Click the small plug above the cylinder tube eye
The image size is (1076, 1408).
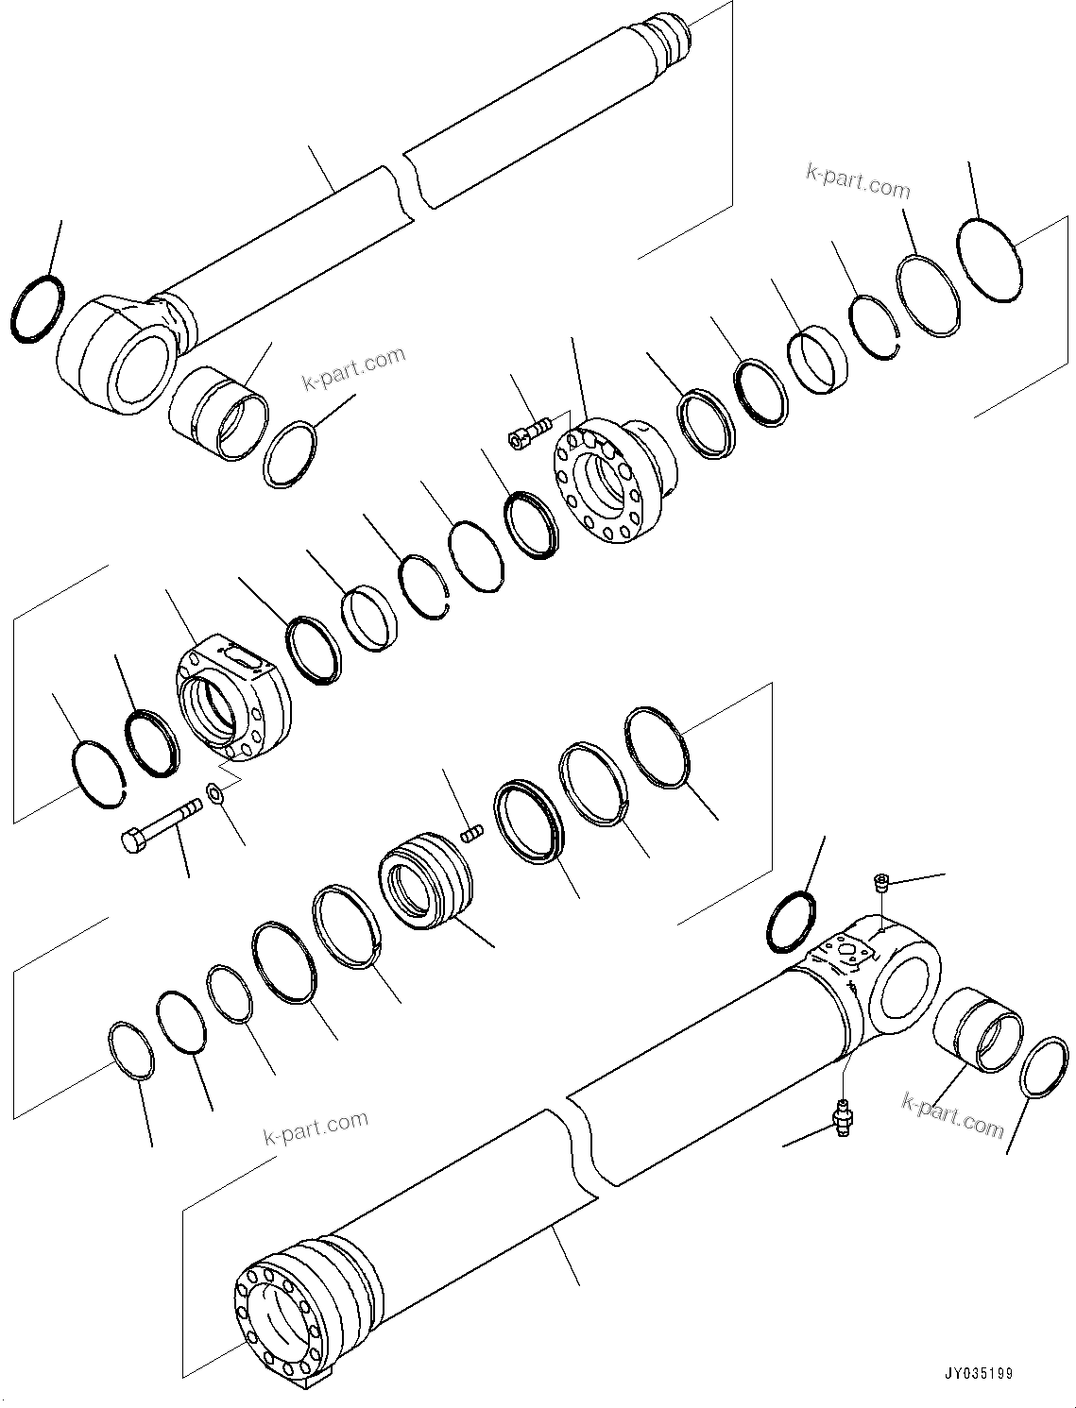tap(879, 883)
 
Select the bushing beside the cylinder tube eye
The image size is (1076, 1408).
tap(977, 1029)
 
